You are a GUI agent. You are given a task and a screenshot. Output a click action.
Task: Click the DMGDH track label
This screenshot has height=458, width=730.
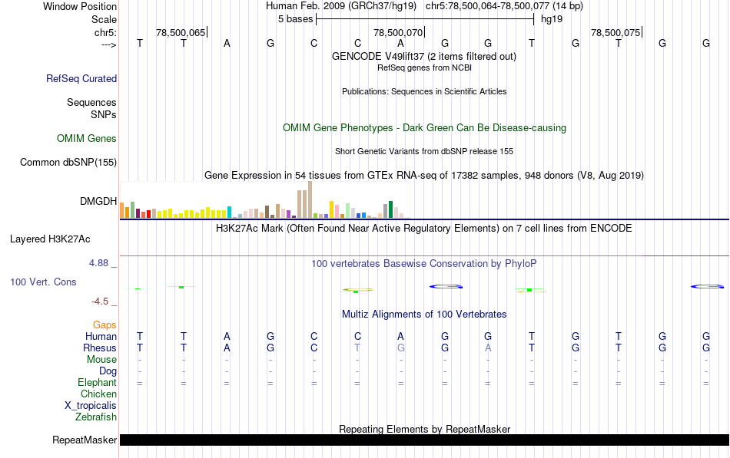coord(98,201)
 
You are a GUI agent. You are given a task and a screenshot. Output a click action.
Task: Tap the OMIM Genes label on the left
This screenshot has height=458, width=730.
coord(87,139)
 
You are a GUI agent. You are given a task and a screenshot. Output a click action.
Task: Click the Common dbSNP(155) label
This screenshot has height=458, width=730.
coord(68,162)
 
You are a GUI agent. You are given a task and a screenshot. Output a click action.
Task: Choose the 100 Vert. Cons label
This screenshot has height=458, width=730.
coord(43,282)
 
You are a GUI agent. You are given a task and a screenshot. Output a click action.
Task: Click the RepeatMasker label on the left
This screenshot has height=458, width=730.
coord(85,440)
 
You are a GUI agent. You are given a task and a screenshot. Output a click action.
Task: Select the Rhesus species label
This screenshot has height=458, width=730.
coord(100,348)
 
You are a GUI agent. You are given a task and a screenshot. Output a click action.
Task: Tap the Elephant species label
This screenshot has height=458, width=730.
coord(97,382)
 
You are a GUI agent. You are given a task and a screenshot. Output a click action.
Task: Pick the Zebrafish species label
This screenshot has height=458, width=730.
coord(96,417)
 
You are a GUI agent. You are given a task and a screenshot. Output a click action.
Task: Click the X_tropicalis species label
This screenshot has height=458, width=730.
coord(91,406)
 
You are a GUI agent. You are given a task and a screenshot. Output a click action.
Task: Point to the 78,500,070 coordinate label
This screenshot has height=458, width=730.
coord(398,33)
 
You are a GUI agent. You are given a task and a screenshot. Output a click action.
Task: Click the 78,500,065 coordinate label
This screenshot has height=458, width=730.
coord(181,33)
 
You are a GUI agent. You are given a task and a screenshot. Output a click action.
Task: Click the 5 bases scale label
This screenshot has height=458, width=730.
coord(295,18)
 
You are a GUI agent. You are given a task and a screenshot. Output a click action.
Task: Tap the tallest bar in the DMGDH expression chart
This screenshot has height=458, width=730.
coord(310,199)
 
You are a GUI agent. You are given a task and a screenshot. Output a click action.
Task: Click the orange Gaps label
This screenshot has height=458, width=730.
coord(105,325)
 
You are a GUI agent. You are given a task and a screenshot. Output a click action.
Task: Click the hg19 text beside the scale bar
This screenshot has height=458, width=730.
coord(551,18)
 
